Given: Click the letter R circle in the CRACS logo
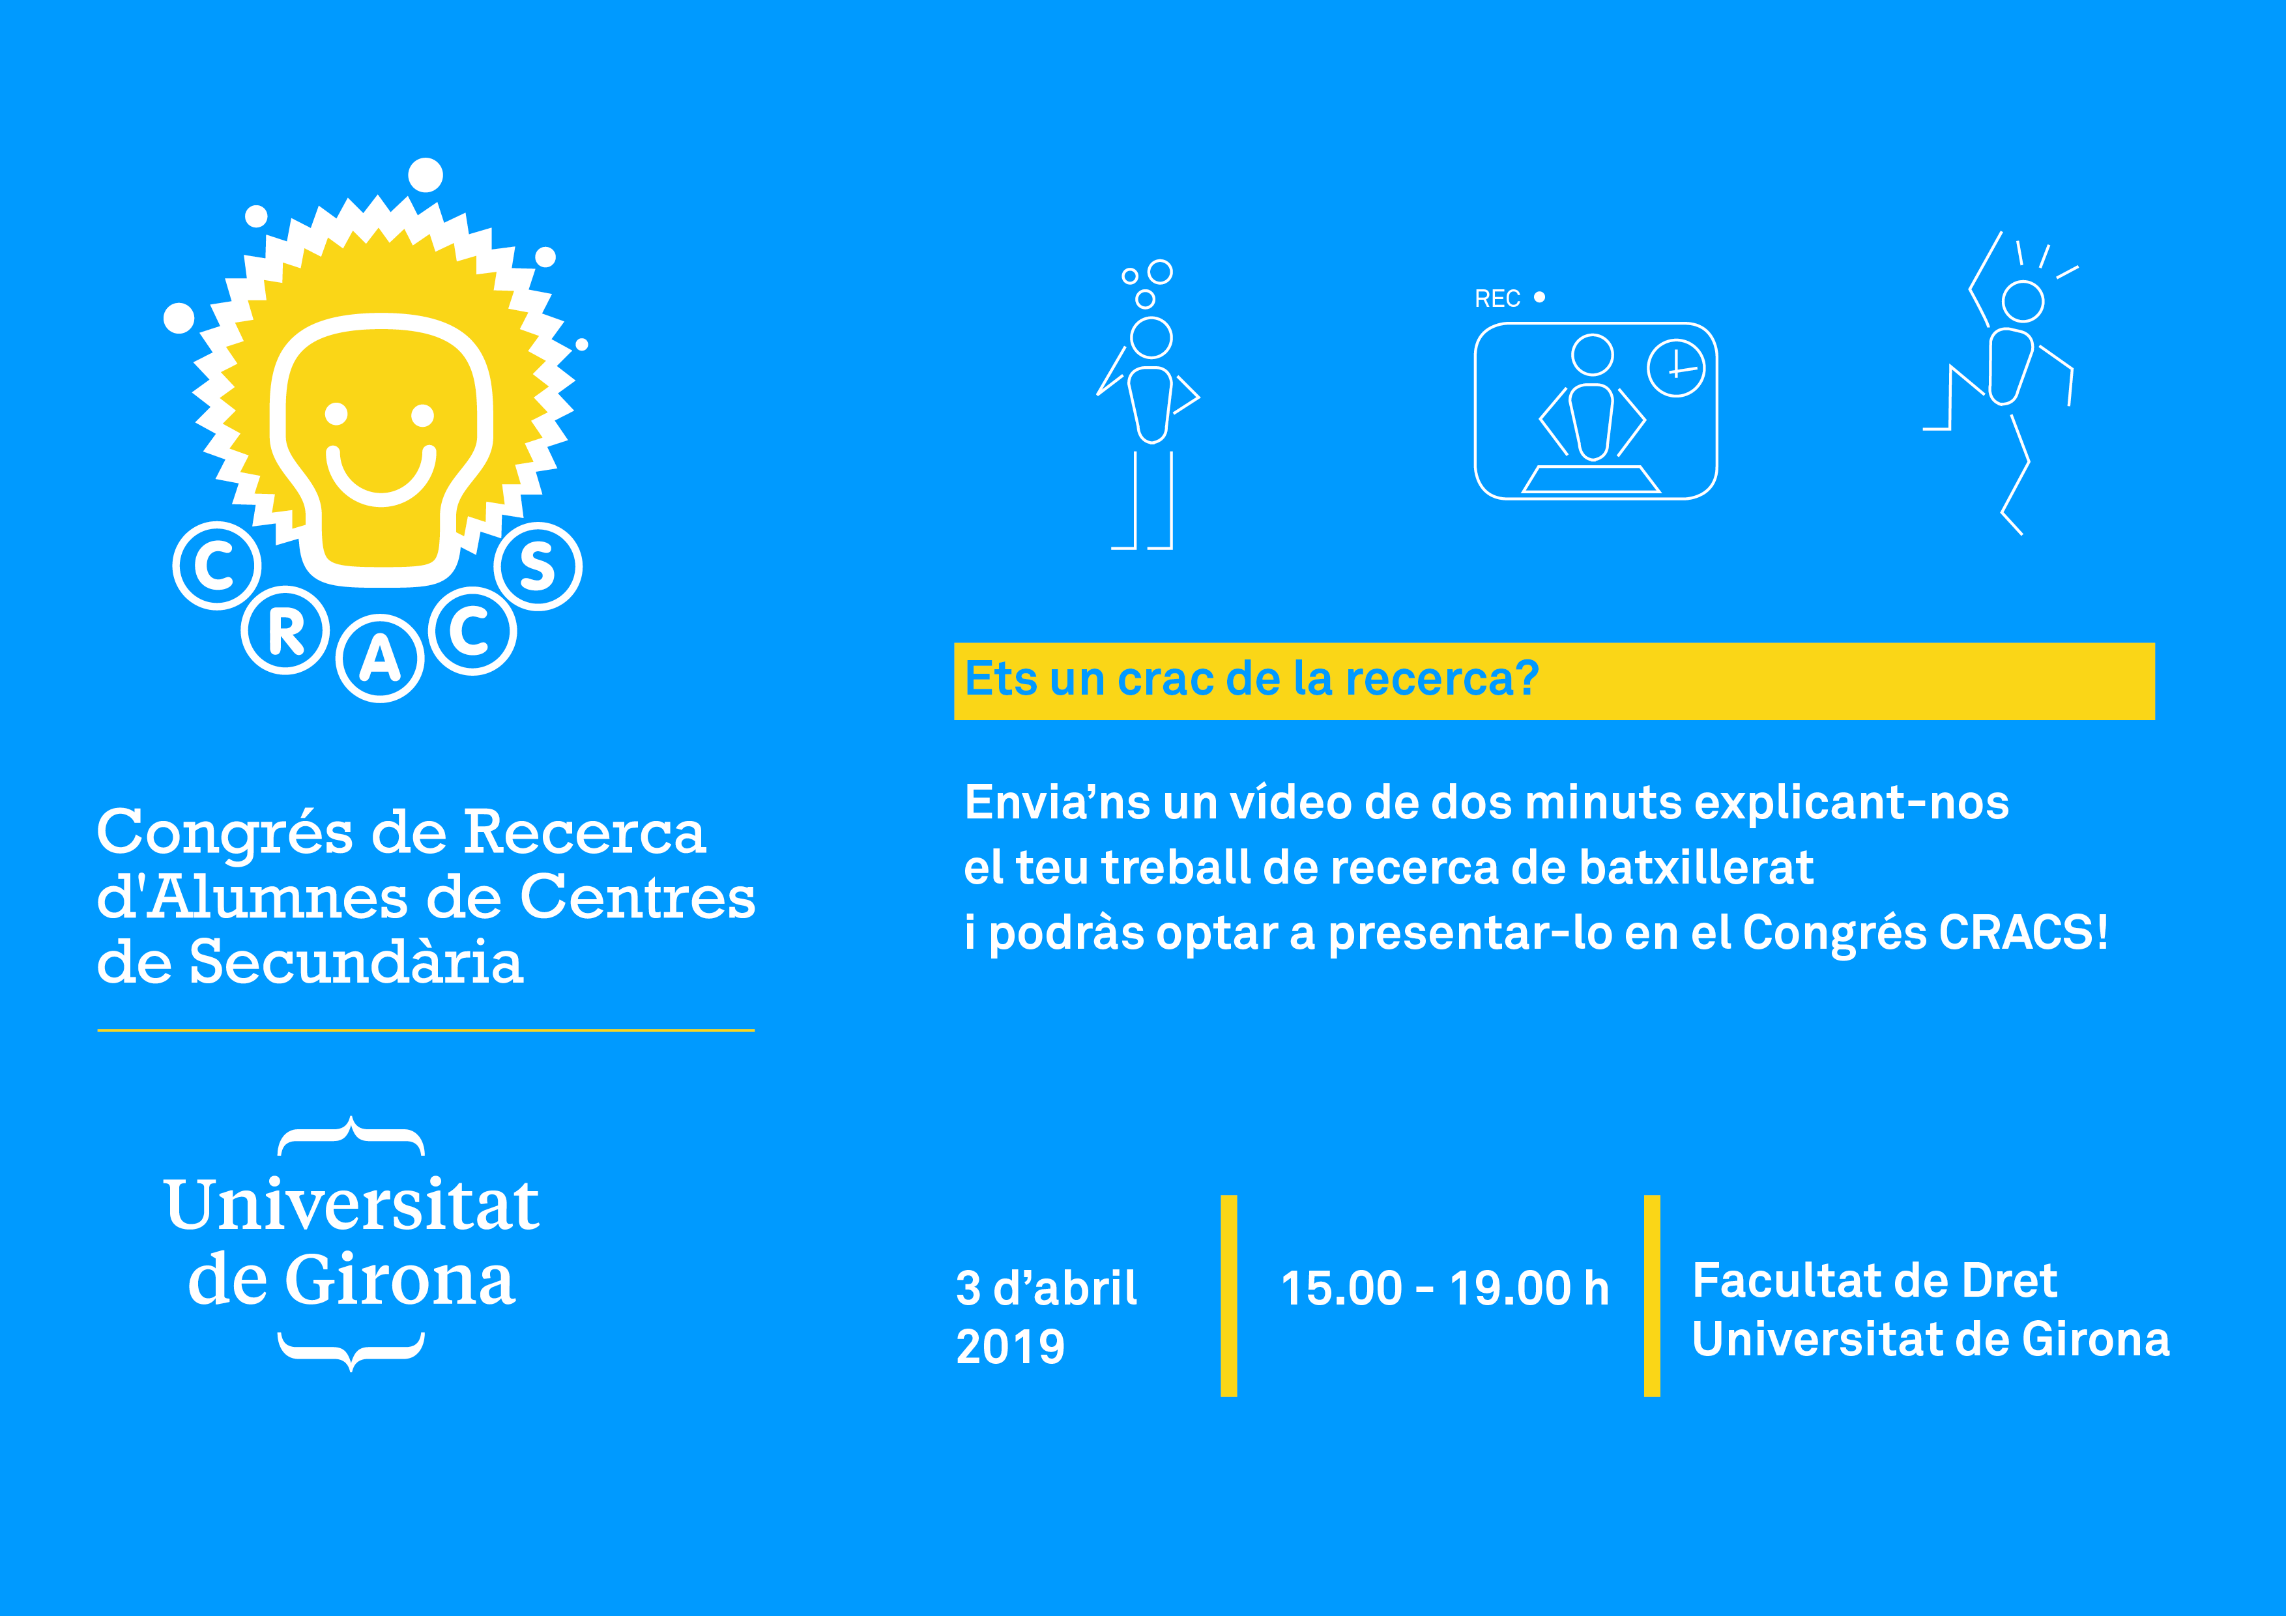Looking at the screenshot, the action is coord(285,630).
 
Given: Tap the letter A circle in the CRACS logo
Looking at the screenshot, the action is coord(381,658).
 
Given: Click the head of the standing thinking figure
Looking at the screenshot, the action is coord(1152,338).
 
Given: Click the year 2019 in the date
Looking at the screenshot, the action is coord(1011,1347).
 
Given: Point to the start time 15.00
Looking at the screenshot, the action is coord(1341,1288).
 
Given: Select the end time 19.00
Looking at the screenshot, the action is coord(1509,1288).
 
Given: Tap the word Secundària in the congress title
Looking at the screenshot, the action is coord(355,963).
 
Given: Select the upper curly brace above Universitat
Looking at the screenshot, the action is coord(351,1136).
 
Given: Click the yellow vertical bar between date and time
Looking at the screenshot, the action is coord(1228,1295).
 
